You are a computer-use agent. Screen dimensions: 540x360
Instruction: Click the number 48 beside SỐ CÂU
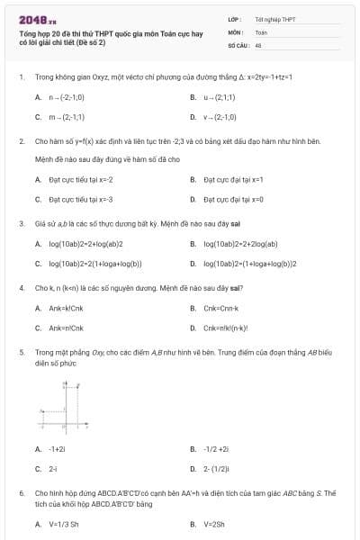click(258, 43)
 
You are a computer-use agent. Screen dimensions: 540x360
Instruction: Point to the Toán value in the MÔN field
click(261, 31)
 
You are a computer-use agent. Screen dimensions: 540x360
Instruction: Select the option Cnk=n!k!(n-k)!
click(227, 328)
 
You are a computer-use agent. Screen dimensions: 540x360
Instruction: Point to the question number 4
click(21, 288)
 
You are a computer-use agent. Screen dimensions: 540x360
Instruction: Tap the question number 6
click(21, 493)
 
